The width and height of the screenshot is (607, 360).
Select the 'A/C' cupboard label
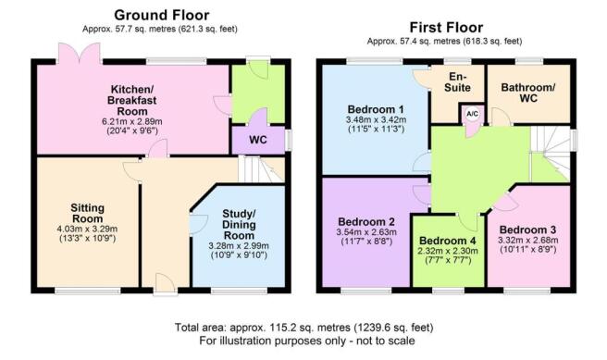tap(472, 114)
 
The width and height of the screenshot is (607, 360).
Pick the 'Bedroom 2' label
tap(367, 222)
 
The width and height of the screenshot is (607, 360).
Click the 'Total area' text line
tap(303, 328)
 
